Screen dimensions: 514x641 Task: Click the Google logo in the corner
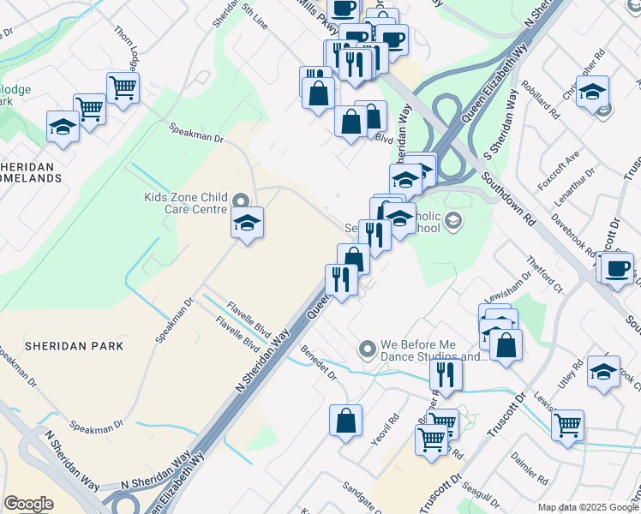tap(28, 504)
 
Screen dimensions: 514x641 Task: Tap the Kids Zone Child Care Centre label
tap(185, 204)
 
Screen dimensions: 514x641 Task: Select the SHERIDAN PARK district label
tap(75, 346)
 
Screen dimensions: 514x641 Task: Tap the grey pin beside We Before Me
tap(368, 349)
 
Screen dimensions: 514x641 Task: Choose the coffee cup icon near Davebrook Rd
tap(617, 269)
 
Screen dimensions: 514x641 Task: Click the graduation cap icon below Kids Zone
tap(247, 224)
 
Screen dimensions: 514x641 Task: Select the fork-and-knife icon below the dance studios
tap(445, 374)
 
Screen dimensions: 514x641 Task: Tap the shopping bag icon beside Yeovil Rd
tap(345, 421)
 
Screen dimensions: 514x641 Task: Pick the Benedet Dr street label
tap(320, 362)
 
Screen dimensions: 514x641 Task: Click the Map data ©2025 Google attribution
tap(588, 507)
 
